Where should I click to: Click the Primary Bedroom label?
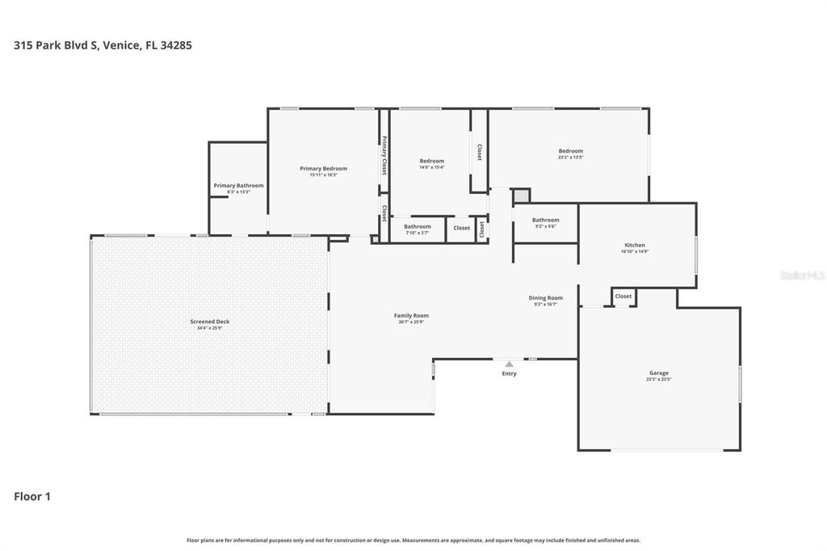323,169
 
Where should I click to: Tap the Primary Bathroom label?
238,186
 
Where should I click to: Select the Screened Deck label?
210,322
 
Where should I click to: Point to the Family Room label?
411,316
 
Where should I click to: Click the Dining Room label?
546,298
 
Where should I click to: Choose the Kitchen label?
635,246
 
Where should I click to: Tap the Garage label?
658,373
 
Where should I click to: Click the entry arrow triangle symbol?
509,364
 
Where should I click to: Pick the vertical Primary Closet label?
384,155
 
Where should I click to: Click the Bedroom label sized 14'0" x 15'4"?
431,162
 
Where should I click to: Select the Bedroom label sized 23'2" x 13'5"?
570,151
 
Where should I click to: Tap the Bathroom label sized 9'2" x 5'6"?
545,221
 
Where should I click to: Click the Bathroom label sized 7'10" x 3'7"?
418,227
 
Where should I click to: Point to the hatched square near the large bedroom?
522,196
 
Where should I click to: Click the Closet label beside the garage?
623,297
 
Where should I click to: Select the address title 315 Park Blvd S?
103,45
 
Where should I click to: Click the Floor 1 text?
32,497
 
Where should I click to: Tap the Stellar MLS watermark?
802,275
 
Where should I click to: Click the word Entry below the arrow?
509,373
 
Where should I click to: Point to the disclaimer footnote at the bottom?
413,540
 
